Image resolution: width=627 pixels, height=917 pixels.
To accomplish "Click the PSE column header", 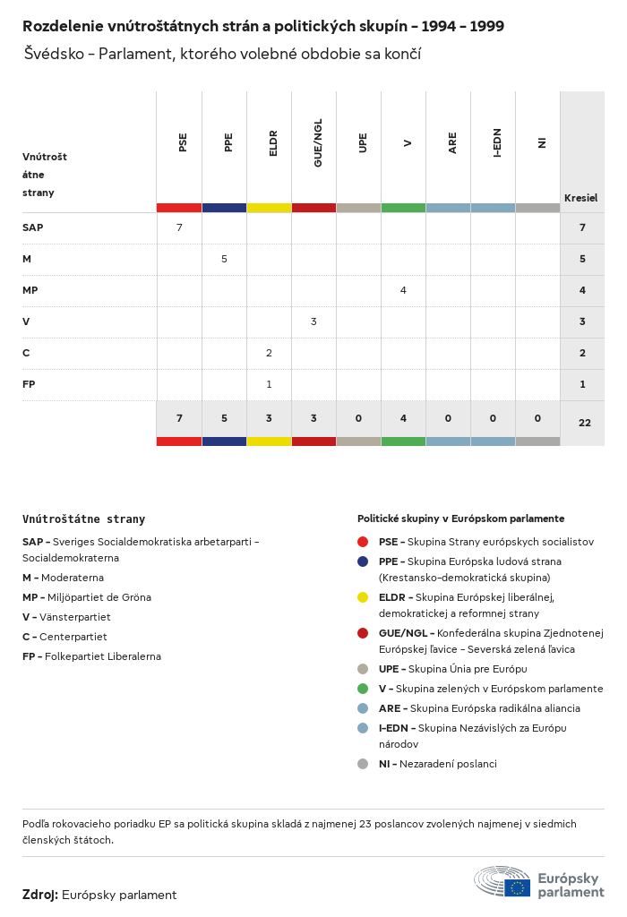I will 183,141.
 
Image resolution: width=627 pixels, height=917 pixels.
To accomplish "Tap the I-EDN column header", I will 497,142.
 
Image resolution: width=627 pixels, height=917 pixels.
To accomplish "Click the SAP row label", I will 33,227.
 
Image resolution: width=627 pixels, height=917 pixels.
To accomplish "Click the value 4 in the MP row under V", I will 403,290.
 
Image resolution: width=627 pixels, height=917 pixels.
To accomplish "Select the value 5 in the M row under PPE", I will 224,259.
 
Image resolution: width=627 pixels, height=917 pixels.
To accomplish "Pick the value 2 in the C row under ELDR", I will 269,353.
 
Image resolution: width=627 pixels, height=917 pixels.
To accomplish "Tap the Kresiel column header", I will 580,198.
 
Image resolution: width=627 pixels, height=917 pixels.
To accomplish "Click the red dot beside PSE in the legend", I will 363,542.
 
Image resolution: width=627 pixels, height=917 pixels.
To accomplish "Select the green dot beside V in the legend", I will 363,689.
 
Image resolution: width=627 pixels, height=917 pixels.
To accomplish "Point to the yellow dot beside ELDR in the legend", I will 363,597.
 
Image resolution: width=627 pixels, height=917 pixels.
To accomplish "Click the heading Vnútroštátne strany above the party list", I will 83,518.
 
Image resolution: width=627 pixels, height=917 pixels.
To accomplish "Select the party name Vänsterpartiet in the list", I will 78,617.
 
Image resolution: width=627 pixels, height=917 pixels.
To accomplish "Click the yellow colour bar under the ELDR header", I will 269,208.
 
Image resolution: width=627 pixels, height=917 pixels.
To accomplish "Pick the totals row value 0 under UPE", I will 358,418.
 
